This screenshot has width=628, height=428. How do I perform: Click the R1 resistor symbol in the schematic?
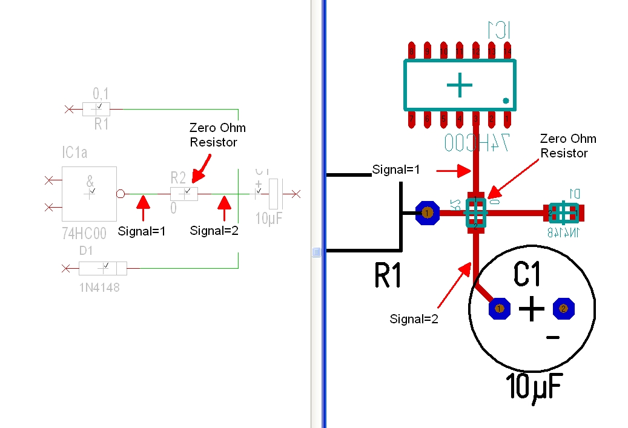click(96, 110)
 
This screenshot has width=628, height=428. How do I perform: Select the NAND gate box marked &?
click(89, 194)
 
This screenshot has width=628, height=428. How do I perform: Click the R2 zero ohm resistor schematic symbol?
click(184, 194)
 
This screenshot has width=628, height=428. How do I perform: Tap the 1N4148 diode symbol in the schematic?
click(103, 268)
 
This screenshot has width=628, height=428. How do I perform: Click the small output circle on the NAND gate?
click(121, 194)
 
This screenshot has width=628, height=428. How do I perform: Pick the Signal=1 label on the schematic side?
click(142, 231)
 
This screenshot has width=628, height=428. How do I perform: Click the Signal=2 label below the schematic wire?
click(214, 231)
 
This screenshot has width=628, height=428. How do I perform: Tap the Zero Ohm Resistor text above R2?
click(217, 135)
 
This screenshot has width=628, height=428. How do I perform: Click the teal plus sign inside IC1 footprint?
click(460, 85)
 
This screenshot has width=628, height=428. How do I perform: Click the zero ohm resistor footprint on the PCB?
click(476, 212)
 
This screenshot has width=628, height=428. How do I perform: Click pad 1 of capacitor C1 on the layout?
click(500, 309)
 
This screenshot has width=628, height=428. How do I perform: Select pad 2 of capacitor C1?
click(563, 309)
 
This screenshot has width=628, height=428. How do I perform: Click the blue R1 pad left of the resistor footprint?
click(428, 212)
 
